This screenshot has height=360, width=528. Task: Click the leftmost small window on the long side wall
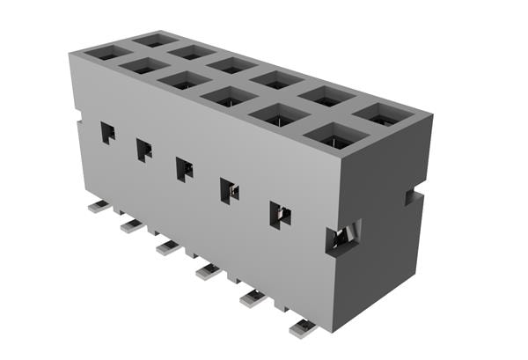tap(107, 133)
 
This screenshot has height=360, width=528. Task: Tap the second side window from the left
tap(143, 150)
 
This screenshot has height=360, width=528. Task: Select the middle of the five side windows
tap(185, 169)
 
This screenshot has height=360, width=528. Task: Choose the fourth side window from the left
tap(229, 190)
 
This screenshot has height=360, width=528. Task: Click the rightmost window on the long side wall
tap(280, 214)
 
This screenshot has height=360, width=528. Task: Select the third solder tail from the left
tap(168, 247)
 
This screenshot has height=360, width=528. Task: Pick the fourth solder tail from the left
tap(208, 270)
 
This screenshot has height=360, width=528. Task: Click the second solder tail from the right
tap(252, 298)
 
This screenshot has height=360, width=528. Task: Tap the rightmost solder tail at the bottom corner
tap(302, 328)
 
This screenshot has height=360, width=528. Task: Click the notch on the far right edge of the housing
tap(411, 195)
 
